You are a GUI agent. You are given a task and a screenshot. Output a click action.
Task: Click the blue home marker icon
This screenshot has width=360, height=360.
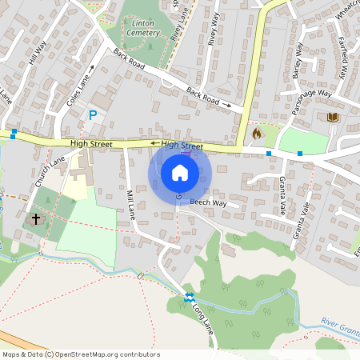pyautogui.click(x=180, y=173)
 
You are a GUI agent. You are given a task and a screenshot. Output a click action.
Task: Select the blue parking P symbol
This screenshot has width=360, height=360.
pyautogui.click(x=93, y=115)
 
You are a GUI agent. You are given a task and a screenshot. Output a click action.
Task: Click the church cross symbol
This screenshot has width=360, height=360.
pyautogui.click(x=35, y=218)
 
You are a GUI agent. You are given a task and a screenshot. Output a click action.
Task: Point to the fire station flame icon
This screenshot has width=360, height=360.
pyautogui.click(x=257, y=133)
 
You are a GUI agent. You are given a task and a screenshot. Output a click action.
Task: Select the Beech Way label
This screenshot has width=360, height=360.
pyautogui.click(x=208, y=204)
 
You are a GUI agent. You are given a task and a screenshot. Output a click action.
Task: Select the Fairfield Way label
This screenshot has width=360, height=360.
pyautogui.click(x=342, y=60)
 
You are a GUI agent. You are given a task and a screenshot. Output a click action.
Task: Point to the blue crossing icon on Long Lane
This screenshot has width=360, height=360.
pyautogui.click(x=190, y=297)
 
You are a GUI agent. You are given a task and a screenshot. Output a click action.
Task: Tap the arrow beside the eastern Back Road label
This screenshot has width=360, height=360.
pyautogui.click(x=229, y=104)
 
